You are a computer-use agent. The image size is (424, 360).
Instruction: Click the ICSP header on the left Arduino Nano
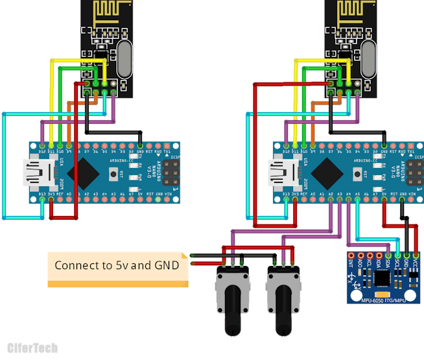[x=172, y=173]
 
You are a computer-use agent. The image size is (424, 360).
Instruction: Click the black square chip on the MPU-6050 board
[x=383, y=277]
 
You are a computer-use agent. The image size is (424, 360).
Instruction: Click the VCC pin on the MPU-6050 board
[x=416, y=256]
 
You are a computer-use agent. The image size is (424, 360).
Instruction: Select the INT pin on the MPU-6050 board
[x=351, y=256]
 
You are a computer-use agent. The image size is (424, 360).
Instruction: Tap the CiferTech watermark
[x=32, y=348]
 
